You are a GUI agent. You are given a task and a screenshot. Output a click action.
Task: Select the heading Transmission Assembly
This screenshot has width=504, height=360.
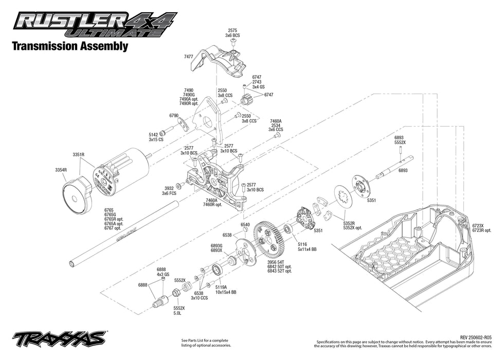(69, 46)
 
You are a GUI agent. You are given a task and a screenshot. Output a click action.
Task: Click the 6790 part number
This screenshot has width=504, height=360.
(173, 116)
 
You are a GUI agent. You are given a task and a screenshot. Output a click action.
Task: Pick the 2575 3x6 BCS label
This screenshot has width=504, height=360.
(232, 33)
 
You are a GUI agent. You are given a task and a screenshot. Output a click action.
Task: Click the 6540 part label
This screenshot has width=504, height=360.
(245, 224)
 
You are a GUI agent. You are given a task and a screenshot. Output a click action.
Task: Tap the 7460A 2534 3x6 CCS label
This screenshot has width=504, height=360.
(276, 125)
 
